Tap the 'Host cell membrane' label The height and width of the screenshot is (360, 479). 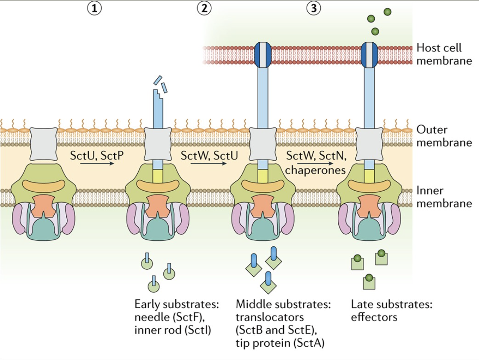pyautogui.click(x=444, y=54)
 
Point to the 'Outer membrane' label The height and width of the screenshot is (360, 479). pyautogui.click(x=444, y=136)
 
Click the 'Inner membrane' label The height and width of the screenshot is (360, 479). pyautogui.click(x=444, y=197)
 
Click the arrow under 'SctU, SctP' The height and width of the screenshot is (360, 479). pyautogui.click(x=97, y=163)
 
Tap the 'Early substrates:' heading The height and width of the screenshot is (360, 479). pyautogui.click(x=177, y=304)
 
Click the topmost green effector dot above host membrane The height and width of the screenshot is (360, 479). pyautogui.click(x=387, y=12)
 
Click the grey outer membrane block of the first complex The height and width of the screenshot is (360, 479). pyautogui.click(x=44, y=144)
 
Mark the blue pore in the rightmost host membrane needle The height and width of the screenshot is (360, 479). pyautogui.click(x=369, y=54)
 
